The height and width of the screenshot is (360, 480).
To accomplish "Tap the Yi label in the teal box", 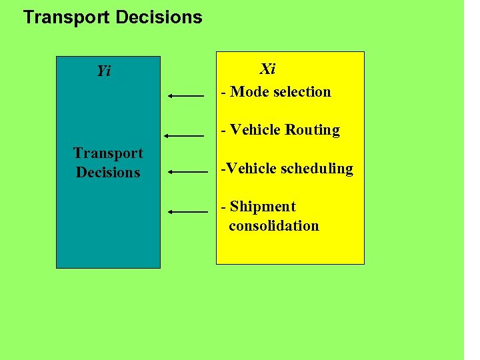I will (x=103, y=71).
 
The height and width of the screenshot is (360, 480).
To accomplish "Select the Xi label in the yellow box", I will (x=267, y=69).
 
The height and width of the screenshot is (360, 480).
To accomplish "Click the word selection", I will (x=301, y=92).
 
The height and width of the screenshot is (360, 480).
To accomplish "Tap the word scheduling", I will (x=317, y=169).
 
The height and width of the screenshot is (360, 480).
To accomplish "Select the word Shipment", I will (x=262, y=207).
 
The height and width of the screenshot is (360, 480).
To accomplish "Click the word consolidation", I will (x=273, y=225).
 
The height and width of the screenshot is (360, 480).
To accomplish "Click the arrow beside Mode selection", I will (x=186, y=96).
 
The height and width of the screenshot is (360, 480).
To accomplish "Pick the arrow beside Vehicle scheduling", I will (x=188, y=171).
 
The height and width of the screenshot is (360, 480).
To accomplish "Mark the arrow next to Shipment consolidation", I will (x=188, y=211).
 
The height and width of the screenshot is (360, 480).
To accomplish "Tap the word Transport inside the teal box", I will (x=108, y=153).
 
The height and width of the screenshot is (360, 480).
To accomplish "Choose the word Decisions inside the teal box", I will (x=108, y=172).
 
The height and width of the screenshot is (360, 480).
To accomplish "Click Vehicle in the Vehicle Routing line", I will (x=255, y=130).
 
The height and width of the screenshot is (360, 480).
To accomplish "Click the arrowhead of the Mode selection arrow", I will (x=171, y=96).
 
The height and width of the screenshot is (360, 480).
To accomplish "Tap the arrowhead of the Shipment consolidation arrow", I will (x=171, y=211).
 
